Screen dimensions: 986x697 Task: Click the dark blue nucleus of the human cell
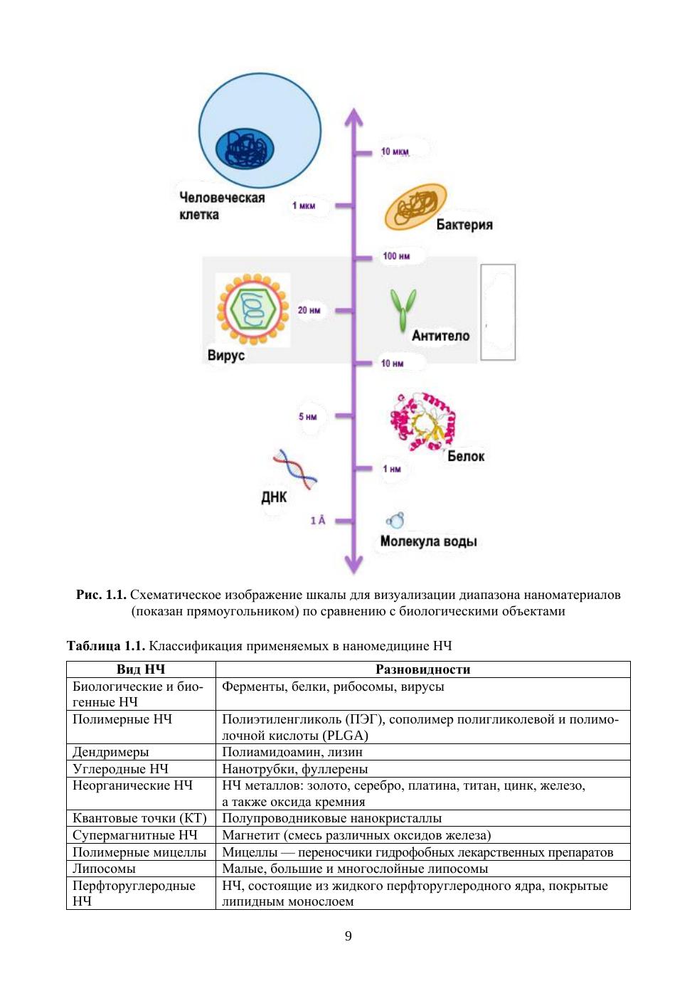pos(245,148)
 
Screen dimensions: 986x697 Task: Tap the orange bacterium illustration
pos(415,207)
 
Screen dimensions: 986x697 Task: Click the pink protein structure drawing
pos(422,422)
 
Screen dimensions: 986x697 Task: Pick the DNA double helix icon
pos(295,469)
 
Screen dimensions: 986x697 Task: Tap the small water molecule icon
pos(395,521)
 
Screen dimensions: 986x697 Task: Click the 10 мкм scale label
pos(395,152)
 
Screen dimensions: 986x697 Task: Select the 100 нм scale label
pos(396,256)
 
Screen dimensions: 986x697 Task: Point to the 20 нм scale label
pos(309,310)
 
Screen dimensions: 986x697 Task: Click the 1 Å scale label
pos(317,521)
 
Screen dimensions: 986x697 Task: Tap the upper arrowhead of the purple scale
pos(353,118)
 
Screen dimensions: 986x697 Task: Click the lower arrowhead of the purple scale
pos(353,565)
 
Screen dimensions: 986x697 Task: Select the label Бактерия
pos(464,225)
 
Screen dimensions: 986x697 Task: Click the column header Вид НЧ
pos(141,669)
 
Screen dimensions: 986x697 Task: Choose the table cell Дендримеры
pos(111,752)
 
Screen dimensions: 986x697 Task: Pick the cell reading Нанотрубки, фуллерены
pos(294,769)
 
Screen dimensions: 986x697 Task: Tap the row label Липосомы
pos(104,869)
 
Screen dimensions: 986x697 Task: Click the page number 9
pos(348,936)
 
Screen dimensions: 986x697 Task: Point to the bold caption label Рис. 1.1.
pos(101,595)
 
